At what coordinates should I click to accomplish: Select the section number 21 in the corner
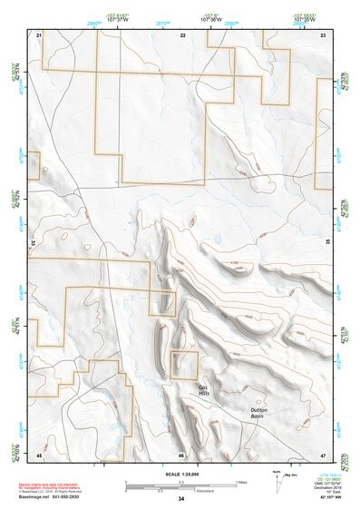(x=39, y=34)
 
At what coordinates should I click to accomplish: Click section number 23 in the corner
(x=323, y=34)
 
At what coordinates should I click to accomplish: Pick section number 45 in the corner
(x=39, y=454)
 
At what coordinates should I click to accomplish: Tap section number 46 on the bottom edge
(x=181, y=454)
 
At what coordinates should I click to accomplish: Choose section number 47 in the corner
(x=323, y=454)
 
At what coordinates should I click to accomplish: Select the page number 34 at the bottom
(x=181, y=499)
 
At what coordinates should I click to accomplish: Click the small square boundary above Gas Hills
(x=184, y=365)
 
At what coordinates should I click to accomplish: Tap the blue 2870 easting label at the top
(x=162, y=24)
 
